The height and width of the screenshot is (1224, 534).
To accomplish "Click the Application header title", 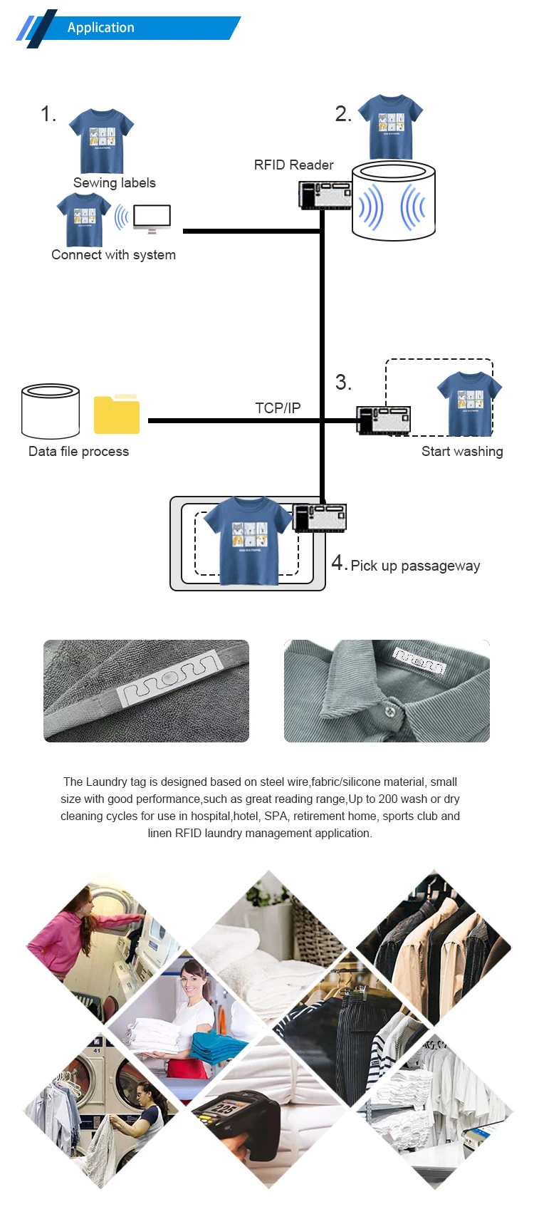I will [x=100, y=28].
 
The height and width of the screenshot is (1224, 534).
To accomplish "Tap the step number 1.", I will [x=48, y=114].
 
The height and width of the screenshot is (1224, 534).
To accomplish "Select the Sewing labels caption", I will [x=114, y=183].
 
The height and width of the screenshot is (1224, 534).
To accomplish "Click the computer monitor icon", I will [x=152, y=218].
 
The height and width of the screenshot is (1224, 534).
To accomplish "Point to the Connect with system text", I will [x=113, y=255].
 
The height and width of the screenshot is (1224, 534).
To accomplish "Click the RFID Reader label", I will [x=293, y=165].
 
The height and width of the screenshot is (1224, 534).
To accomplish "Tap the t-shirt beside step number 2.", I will [x=390, y=126].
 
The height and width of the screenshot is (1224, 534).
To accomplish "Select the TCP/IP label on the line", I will [x=278, y=408].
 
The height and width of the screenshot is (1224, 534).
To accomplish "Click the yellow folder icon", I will [x=117, y=415].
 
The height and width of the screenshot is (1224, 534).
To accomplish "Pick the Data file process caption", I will [x=78, y=452].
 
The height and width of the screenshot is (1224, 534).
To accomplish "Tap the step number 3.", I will [x=343, y=383].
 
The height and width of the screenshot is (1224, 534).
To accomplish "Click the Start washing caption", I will [x=462, y=452].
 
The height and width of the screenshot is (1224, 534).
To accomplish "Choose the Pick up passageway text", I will [x=415, y=566].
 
